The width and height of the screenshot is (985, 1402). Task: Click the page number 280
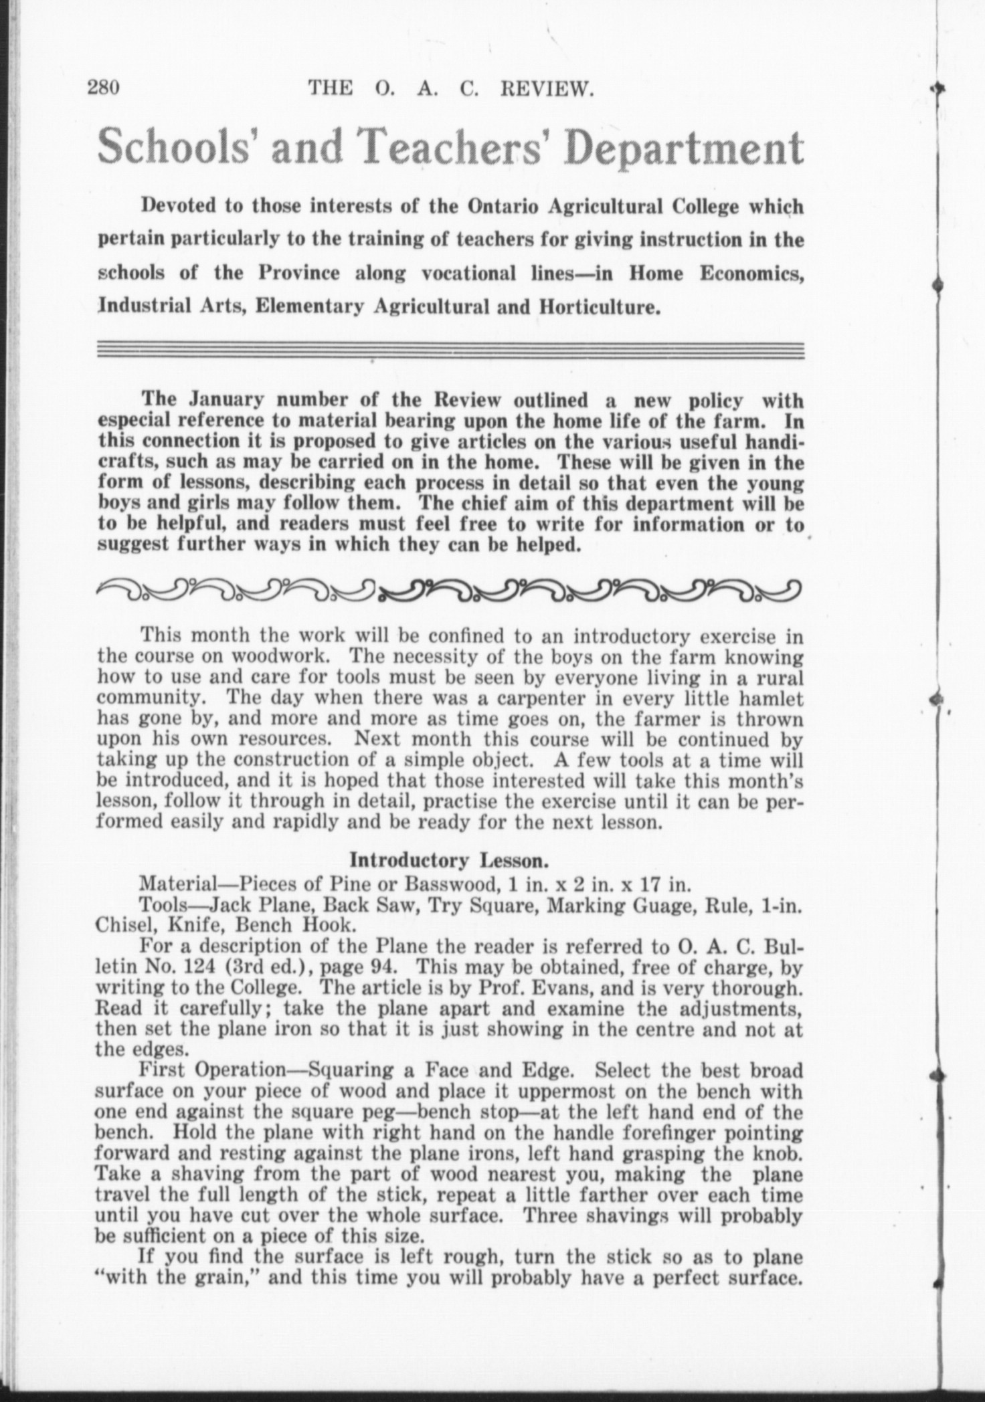[103, 88]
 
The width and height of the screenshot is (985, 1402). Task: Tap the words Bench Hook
[262, 925]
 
